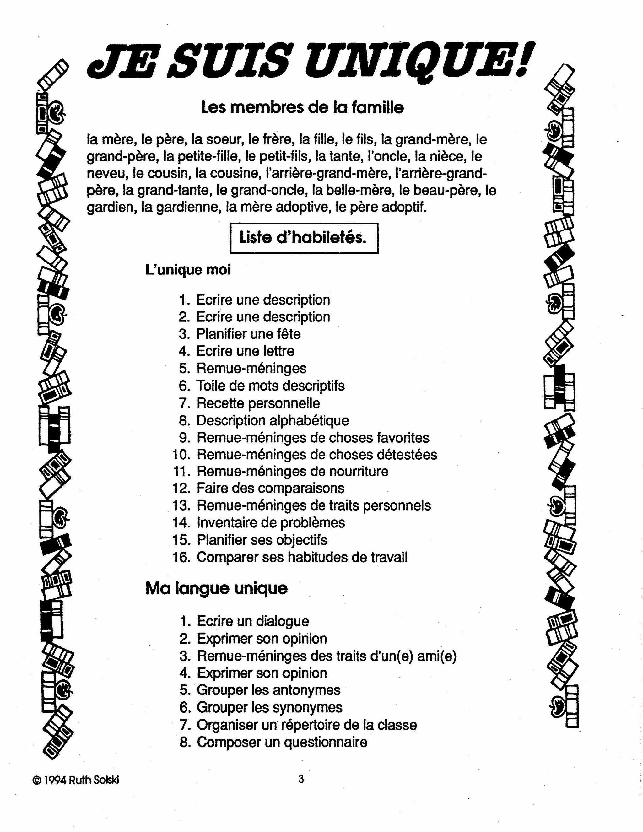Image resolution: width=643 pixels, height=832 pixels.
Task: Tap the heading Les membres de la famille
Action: click(x=302, y=107)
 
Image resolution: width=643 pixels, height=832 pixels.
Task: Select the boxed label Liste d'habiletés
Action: click(x=304, y=238)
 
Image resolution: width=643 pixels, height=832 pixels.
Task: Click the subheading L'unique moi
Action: click(x=188, y=270)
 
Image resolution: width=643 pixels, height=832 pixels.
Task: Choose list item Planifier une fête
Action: click(x=248, y=334)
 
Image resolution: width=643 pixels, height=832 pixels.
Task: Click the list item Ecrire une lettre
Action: click(x=245, y=351)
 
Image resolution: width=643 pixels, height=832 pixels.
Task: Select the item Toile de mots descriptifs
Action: click(x=270, y=386)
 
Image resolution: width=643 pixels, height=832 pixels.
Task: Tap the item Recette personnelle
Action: click(x=258, y=403)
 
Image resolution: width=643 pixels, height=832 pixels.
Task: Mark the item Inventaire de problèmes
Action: click(x=270, y=523)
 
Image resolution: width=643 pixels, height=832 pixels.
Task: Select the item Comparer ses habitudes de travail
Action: click(x=302, y=557)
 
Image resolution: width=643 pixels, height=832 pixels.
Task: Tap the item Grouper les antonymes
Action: click(x=268, y=690)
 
